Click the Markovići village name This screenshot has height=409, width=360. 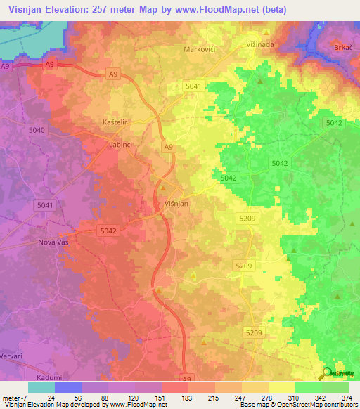(200, 49)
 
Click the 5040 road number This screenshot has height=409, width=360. (37, 131)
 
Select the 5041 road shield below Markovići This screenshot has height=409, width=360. (193, 86)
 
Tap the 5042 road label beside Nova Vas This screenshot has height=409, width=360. (108, 231)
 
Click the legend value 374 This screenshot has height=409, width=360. (347, 397)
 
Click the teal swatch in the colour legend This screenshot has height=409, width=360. (41, 387)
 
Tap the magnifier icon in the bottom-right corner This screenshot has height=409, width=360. (327, 374)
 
